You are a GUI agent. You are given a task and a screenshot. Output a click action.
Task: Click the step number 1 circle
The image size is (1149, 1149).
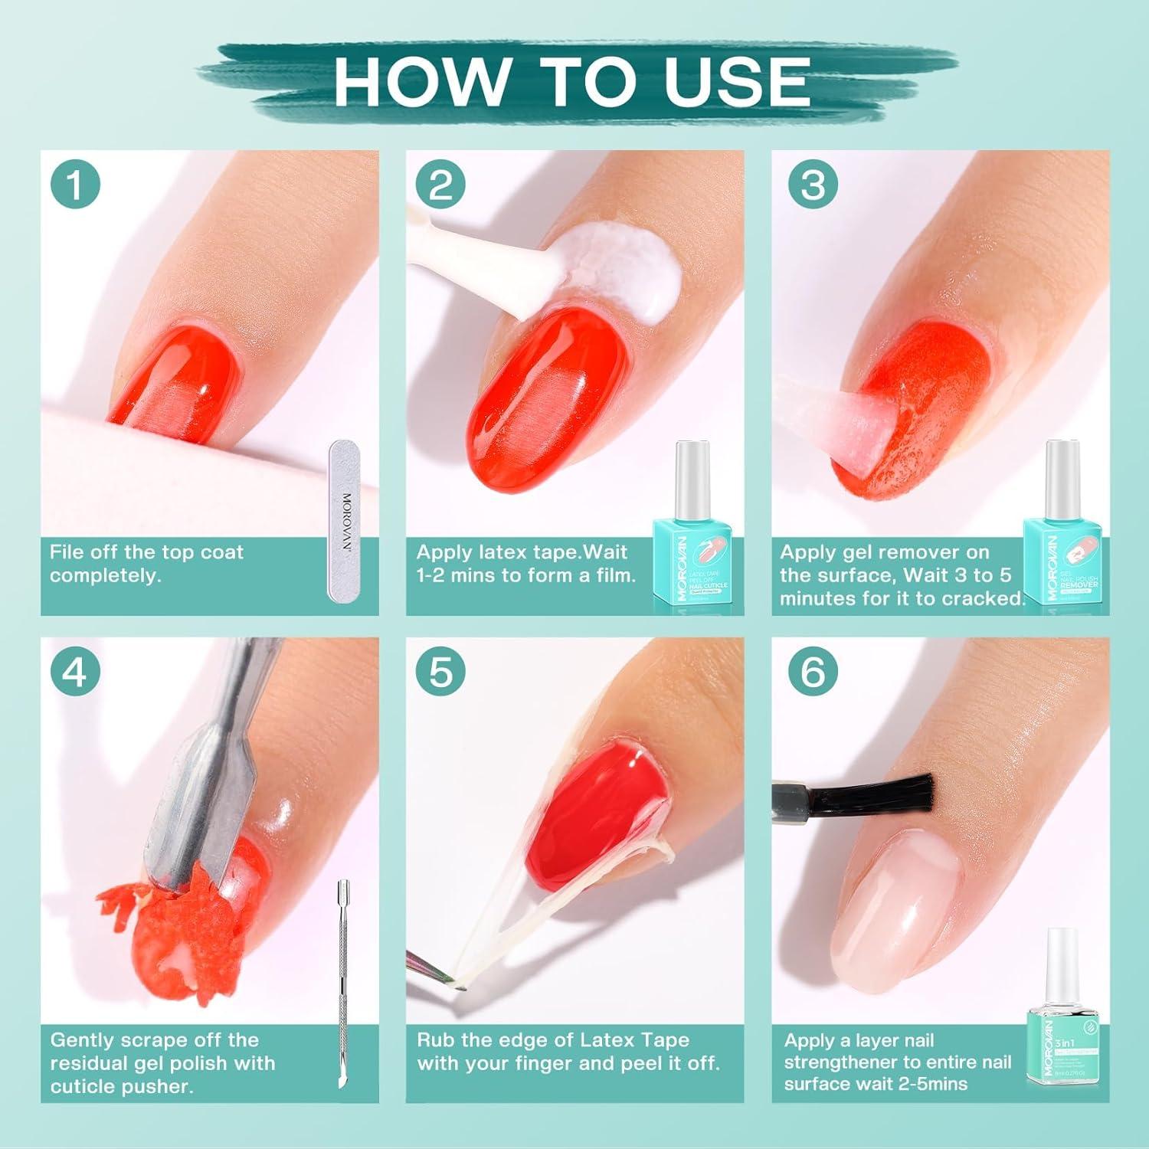[x=75, y=185]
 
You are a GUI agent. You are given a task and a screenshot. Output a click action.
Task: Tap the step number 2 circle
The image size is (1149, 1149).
[x=440, y=185]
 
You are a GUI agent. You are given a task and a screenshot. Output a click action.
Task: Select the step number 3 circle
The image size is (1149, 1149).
[x=813, y=185]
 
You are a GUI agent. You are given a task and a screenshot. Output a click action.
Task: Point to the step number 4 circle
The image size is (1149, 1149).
[x=75, y=672]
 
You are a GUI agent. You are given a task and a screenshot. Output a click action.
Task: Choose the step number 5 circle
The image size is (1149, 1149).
[x=440, y=672]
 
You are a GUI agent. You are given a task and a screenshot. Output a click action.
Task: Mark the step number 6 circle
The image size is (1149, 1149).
[x=813, y=672]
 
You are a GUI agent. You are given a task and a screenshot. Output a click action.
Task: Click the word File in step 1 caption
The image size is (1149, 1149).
[x=67, y=552]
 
